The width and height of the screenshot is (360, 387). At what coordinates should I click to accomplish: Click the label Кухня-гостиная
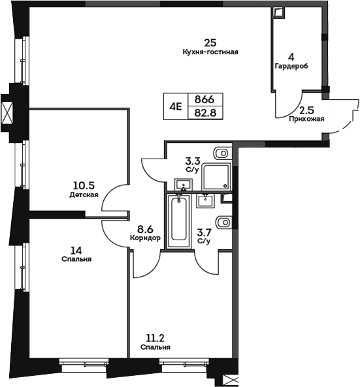[210, 52]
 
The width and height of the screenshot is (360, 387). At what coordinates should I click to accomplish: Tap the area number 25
[210, 42]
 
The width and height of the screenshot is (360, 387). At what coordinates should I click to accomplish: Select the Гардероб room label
[291, 67]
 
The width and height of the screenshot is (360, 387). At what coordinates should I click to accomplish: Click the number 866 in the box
[205, 99]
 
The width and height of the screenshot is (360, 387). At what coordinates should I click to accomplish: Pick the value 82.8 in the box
[205, 112]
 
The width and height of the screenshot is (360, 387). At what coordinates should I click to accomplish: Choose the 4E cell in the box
[176, 106]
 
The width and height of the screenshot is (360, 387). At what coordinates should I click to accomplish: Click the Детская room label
[84, 194]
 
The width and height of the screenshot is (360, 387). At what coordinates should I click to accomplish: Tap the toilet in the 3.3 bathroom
[222, 154]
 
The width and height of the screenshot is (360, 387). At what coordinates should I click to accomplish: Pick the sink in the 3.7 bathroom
[206, 198]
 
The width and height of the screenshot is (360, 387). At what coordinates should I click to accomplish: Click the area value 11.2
[155, 338]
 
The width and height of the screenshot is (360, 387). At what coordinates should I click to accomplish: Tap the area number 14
[77, 249]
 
